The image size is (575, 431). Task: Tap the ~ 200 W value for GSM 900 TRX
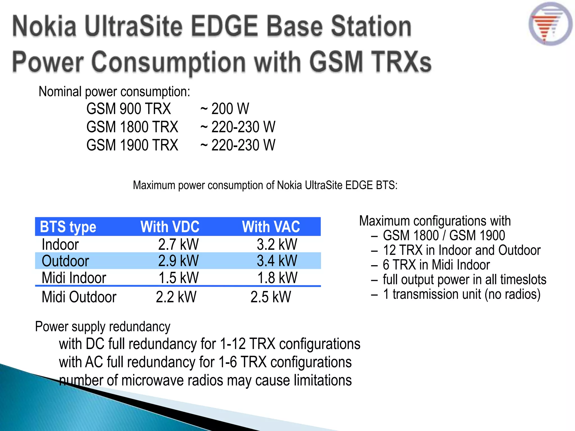tap(225, 109)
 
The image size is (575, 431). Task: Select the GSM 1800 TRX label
tap(132, 127)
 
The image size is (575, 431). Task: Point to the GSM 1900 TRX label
tap(132, 145)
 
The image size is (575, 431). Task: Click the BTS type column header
tap(68, 227)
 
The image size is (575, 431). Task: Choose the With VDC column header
tap(170, 227)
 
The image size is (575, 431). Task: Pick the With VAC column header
tap(271, 227)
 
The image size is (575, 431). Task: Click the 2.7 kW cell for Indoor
tap(178, 244)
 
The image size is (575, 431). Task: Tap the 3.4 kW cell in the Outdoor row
tap(277, 261)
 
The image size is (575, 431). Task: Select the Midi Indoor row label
tap(74, 278)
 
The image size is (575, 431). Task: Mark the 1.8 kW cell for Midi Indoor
tap(277, 278)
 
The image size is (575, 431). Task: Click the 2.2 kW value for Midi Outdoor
tap(176, 297)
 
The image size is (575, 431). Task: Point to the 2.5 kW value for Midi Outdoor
tap(271, 297)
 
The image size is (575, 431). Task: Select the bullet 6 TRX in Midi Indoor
tap(436, 265)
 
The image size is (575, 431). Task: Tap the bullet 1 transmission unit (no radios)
tap(461, 294)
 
